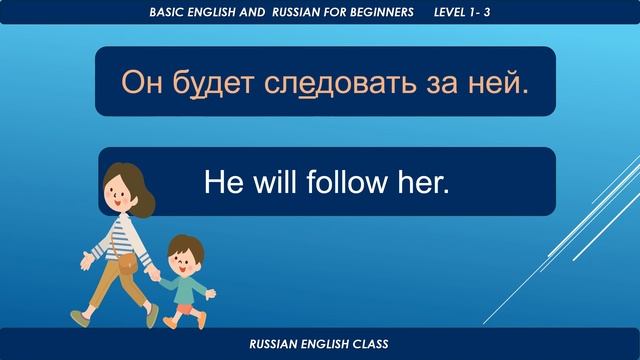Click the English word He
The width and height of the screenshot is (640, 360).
point(220,181)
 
